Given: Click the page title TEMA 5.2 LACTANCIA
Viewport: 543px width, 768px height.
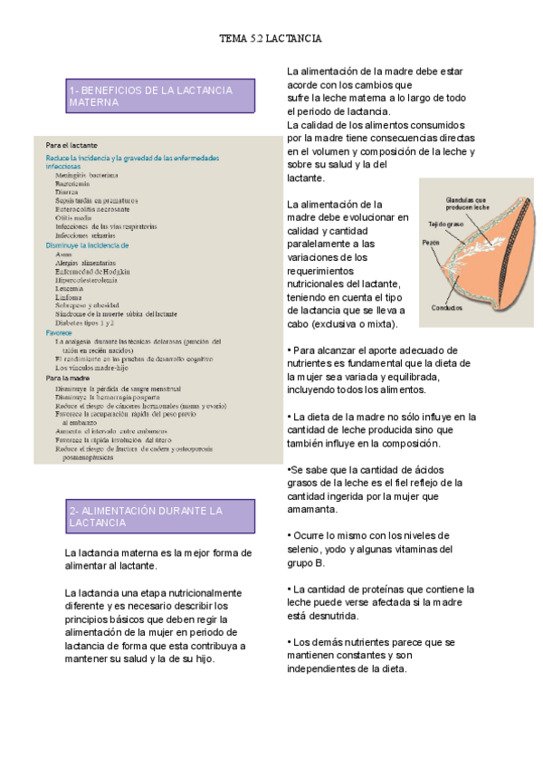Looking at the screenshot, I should [271, 40].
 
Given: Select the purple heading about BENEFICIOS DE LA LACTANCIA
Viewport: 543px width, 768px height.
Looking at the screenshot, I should [150, 97].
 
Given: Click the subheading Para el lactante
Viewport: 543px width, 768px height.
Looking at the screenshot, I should [71, 145].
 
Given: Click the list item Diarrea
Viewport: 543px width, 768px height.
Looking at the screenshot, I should [69, 192].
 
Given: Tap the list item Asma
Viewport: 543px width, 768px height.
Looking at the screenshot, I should [64, 254].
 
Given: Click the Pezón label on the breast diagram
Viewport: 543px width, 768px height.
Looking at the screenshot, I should [432, 243].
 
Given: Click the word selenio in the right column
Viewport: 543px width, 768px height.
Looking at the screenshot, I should [304, 550].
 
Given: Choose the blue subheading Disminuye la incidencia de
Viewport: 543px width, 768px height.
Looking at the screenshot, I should [88, 245].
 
